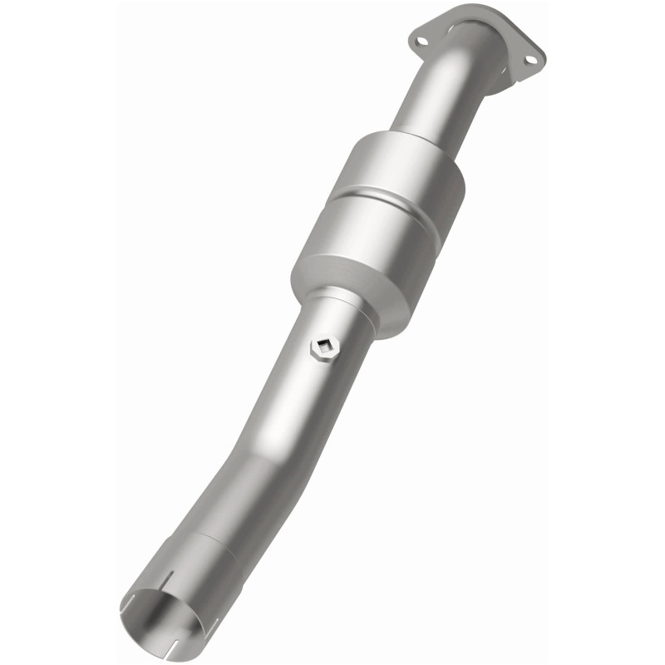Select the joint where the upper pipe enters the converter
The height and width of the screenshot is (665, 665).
416,133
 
